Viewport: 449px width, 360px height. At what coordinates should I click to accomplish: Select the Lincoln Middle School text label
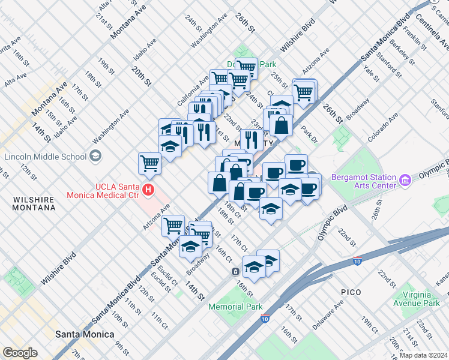click(45, 157)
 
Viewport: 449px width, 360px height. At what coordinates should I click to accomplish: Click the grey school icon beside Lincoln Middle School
click(95, 157)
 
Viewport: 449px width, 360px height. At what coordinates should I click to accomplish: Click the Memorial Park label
click(235, 307)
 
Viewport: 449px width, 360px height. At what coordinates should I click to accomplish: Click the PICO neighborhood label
click(351, 292)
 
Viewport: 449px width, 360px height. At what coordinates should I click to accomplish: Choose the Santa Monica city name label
click(84, 334)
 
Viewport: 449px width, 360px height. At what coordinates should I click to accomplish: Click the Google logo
click(20, 353)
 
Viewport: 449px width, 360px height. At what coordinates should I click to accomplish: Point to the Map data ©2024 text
click(423, 355)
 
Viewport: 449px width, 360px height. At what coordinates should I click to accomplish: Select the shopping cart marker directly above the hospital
click(149, 162)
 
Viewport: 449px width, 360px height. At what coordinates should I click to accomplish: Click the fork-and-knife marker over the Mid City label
click(249, 140)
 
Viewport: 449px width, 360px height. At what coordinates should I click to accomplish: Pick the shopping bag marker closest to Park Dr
click(281, 125)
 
